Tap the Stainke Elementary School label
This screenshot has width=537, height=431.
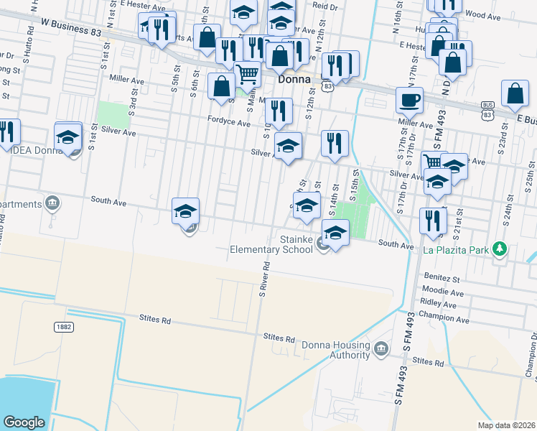tap(270, 244)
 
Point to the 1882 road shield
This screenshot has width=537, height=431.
tap(63, 327)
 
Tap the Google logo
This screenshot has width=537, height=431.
tap(24, 422)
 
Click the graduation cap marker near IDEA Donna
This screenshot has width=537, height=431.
tap(68, 136)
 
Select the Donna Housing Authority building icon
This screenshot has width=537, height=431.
tap(380, 349)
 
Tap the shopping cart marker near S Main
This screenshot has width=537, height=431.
tap(248, 74)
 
